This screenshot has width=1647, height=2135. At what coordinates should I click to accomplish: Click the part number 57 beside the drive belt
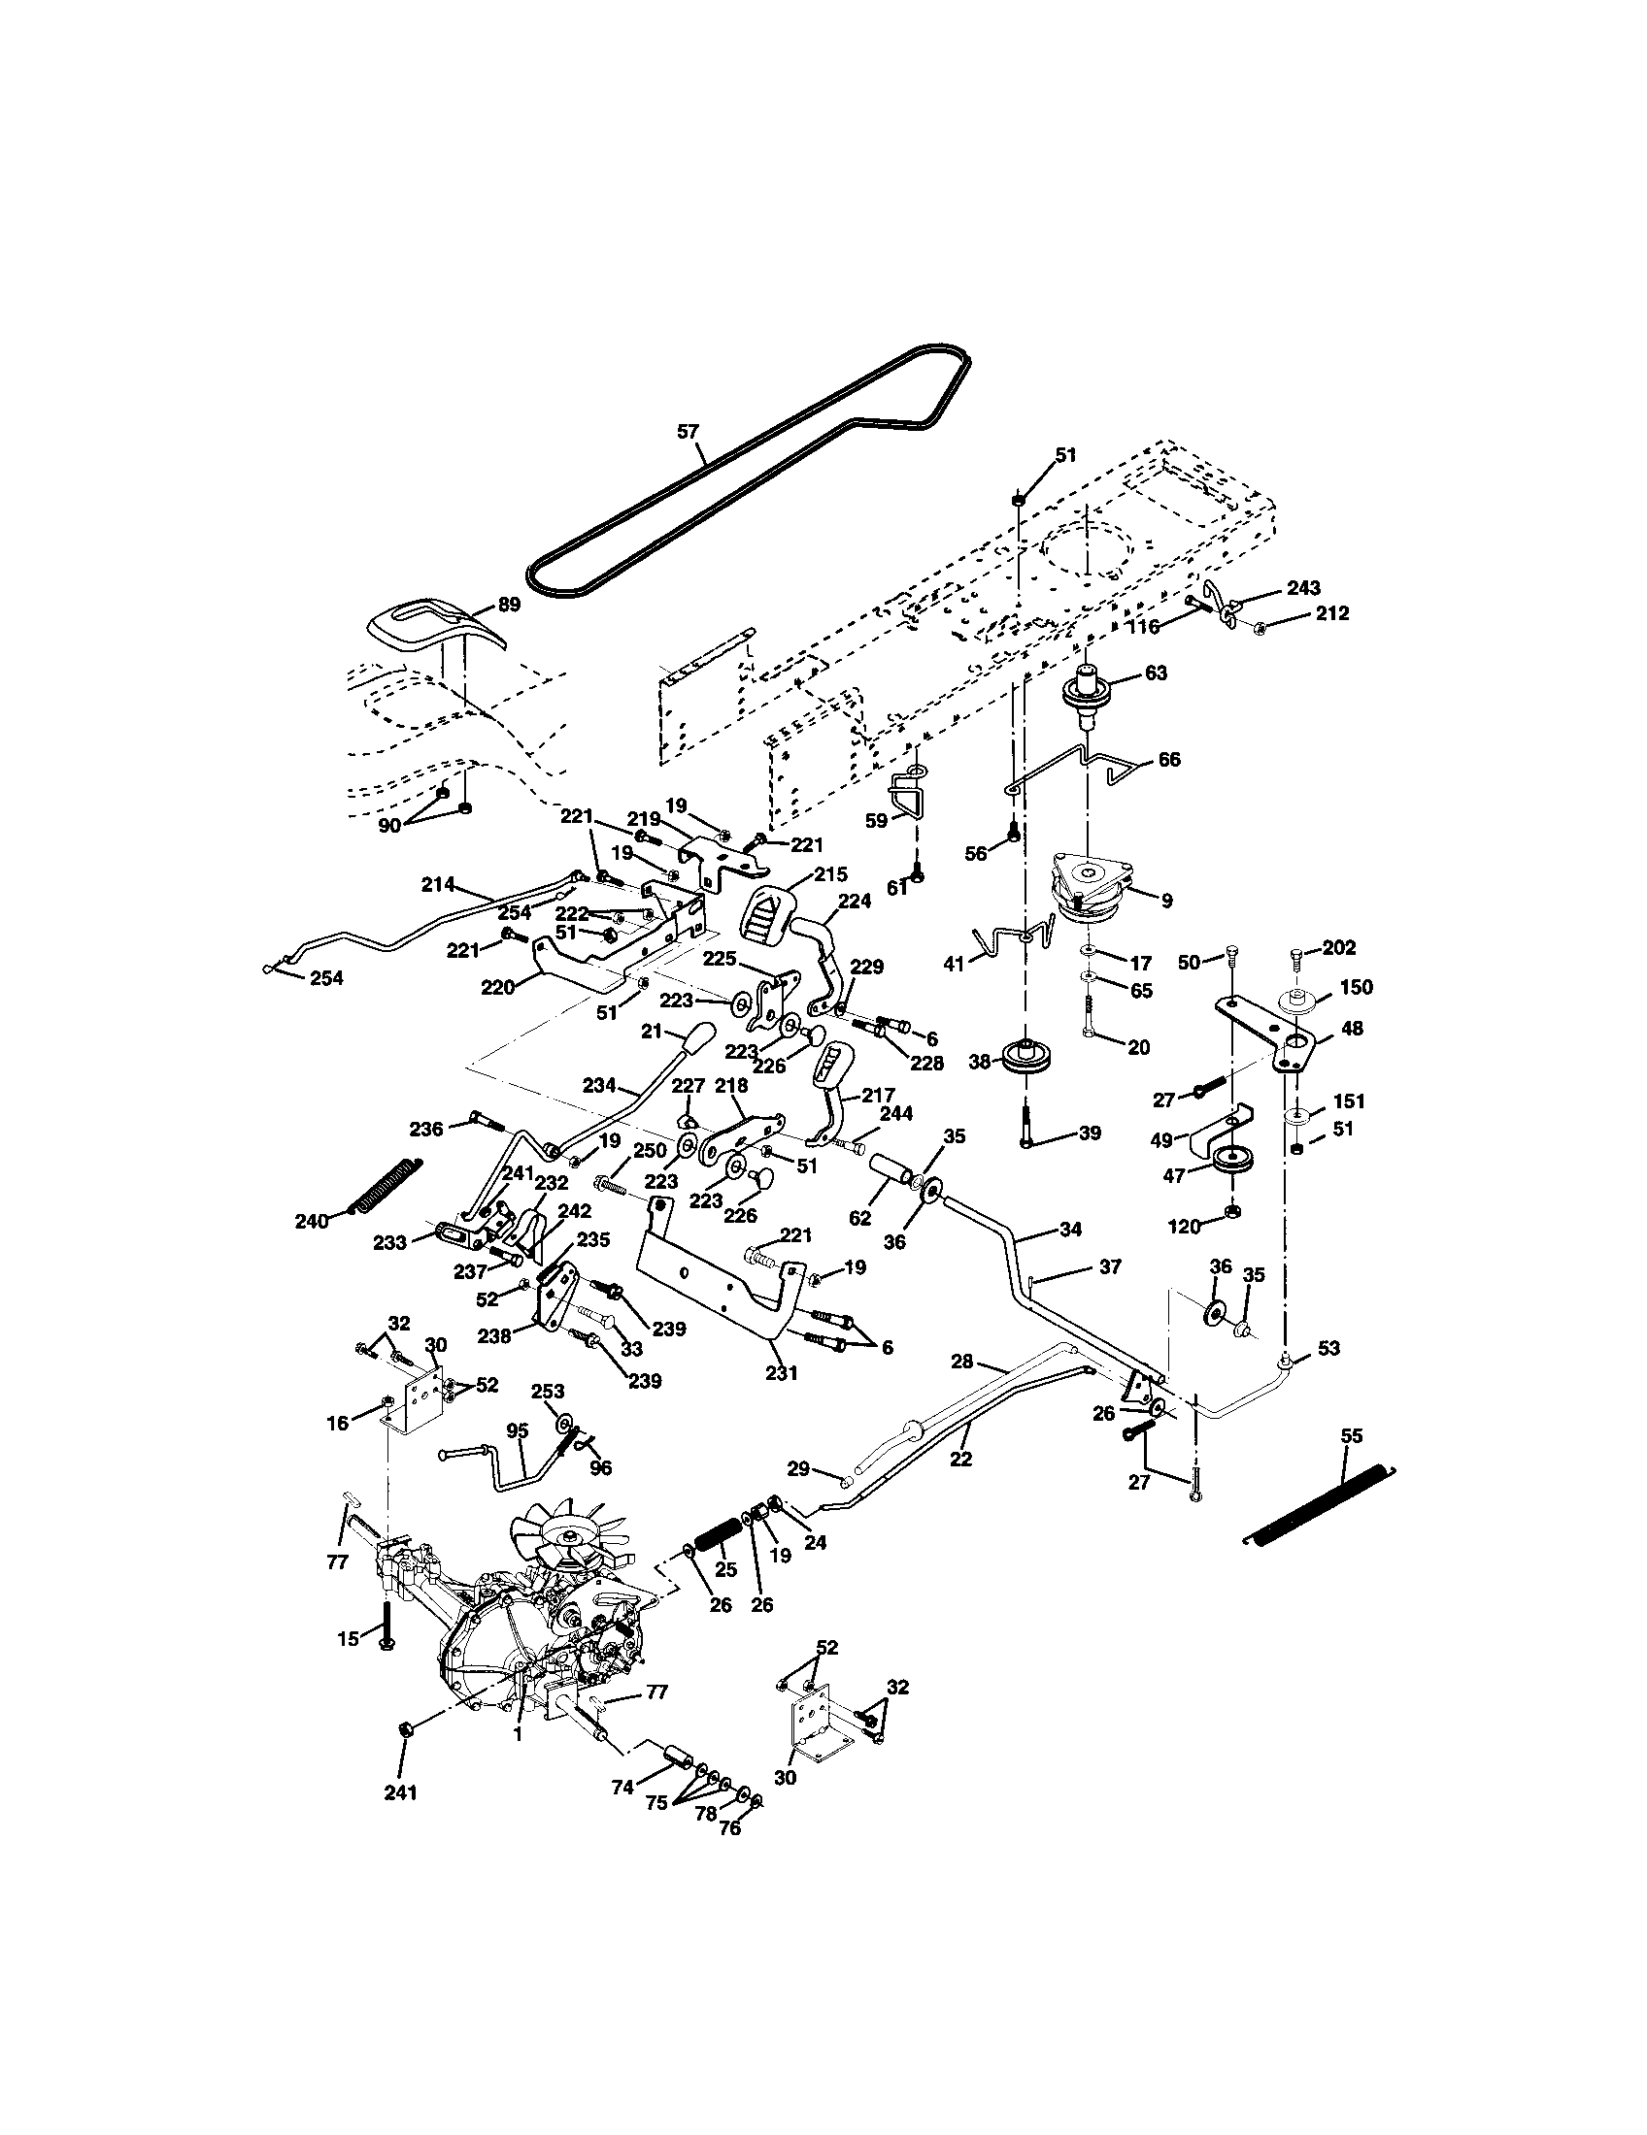tap(689, 431)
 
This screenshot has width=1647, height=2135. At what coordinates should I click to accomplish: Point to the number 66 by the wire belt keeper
tap(1170, 759)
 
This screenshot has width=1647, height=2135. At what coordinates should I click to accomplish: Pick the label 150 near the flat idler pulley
tap(1356, 986)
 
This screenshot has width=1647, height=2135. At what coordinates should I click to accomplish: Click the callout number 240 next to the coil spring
tap(312, 1221)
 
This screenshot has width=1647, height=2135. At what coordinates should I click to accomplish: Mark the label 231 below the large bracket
tap(783, 1372)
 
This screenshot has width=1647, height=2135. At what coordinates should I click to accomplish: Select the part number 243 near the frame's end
tap(1302, 587)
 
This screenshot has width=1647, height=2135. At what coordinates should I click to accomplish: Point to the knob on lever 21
tap(696, 1038)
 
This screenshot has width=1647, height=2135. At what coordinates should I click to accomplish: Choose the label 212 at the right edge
tap(1331, 613)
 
